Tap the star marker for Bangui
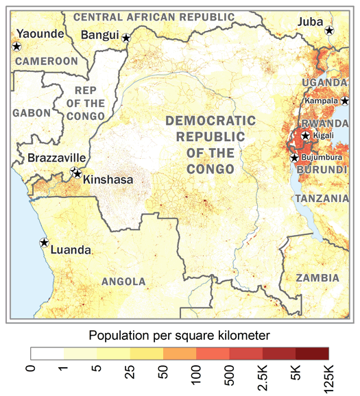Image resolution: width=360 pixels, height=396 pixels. (x=126, y=38)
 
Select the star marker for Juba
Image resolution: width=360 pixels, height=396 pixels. (x=329, y=30)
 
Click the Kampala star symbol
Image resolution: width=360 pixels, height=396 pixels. (x=344, y=101)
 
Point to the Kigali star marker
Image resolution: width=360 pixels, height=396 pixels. (x=305, y=136)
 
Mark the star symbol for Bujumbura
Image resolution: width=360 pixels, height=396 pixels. (x=294, y=158)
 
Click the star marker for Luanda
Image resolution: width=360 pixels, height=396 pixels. (x=44, y=243)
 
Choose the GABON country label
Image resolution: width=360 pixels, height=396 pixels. (x=31, y=112)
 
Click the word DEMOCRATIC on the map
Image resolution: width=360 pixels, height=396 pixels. (x=211, y=121)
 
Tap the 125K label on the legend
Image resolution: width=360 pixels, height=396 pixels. (x=328, y=377)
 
